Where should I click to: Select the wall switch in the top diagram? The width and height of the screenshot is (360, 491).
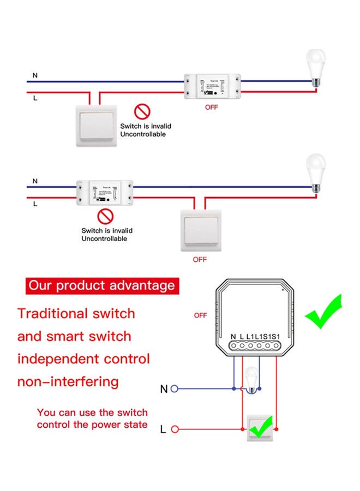96,125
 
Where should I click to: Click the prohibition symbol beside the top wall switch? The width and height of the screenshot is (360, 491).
142,112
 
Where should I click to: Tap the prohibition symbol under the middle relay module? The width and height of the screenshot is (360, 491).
107,217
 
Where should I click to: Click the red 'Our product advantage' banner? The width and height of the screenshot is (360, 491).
102,285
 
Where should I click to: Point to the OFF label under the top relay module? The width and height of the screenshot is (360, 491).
211,107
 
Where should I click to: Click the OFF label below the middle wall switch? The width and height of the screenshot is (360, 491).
200,259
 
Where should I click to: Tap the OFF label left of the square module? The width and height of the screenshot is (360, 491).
201,315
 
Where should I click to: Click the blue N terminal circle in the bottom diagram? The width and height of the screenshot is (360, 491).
175,389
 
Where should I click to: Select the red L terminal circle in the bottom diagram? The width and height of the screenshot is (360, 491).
175,430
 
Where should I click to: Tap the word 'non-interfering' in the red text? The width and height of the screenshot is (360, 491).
68,381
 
